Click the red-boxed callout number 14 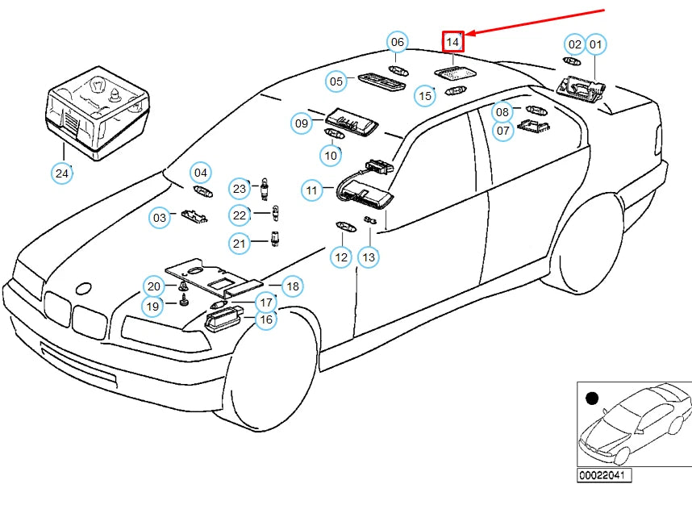click(453, 41)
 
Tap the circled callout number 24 click(62, 173)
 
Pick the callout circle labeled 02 click(574, 44)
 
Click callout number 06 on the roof click(397, 43)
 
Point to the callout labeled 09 click(302, 123)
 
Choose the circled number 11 click(312, 191)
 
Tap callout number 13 click(368, 257)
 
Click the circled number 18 click(292, 286)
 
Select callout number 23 click(240, 190)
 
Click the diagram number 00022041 click(604, 476)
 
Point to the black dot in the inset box click(593, 399)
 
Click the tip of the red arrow click(467, 35)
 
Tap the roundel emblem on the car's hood click(83, 289)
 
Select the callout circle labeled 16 click(265, 320)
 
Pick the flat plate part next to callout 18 click(214, 279)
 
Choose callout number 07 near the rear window click(503, 130)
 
